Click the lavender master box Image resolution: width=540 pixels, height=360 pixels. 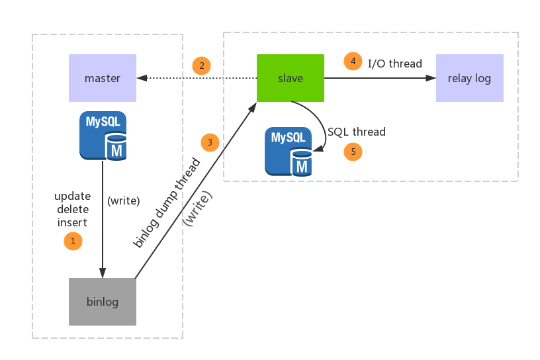[x=103, y=78]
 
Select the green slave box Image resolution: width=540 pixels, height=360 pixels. [x=291, y=78]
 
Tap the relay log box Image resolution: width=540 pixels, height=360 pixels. [x=469, y=78]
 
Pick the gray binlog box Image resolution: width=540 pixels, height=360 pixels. [x=103, y=302]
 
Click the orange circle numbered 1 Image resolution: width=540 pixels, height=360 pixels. [x=73, y=241]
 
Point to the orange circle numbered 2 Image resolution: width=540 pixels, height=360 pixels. [x=201, y=66]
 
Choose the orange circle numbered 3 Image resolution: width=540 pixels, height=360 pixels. [x=210, y=142]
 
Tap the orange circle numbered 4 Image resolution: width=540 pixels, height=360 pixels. [x=353, y=62]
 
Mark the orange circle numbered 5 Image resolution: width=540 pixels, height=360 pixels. [x=353, y=152]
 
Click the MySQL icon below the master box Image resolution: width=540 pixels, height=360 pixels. [x=103, y=136]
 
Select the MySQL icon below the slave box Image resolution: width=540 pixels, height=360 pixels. [x=289, y=151]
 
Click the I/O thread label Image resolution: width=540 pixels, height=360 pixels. [x=395, y=64]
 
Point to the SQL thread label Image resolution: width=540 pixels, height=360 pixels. [x=357, y=132]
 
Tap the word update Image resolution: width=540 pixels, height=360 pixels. [x=73, y=197]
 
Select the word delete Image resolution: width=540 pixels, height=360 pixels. [x=73, y=209]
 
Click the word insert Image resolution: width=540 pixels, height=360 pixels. [x=73, y=222]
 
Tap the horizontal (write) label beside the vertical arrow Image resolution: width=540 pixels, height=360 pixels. [x=124, y=201]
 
